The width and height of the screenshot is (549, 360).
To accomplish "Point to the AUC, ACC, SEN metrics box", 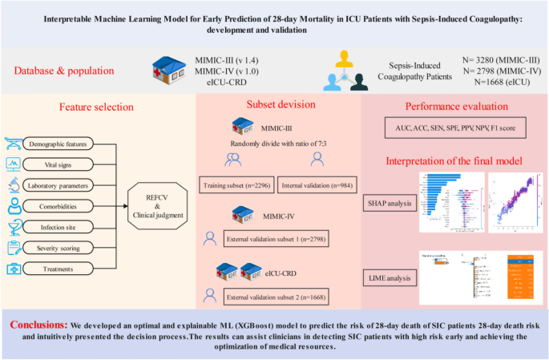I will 454,127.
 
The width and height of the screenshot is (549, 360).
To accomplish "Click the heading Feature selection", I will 97,107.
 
